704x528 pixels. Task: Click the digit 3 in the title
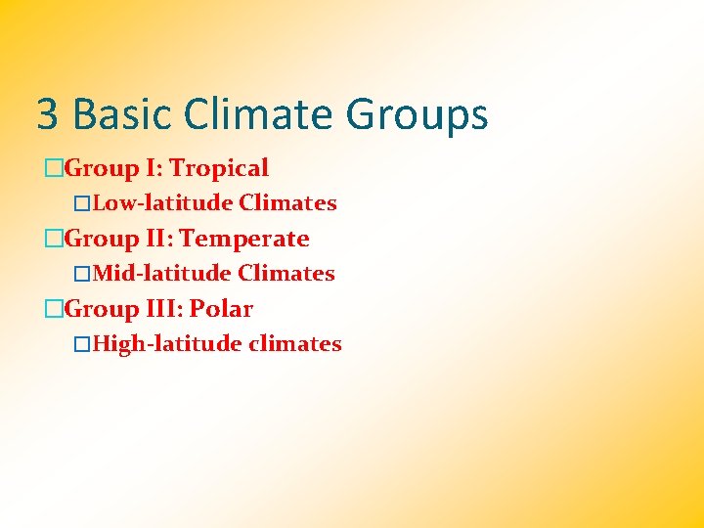pos(47,114)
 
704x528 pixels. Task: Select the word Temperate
pos(244,240)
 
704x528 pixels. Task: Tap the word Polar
pos(221,310)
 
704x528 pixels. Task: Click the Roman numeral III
pos(163,310)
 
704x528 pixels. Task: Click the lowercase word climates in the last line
pos(295,344)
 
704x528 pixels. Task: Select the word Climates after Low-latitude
pos(288,203)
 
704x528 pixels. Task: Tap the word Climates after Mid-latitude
pos(286,274)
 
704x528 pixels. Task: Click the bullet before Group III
pos(54,310)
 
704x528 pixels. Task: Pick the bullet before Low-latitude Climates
pos(83,203)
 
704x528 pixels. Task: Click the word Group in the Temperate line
pos(103,240)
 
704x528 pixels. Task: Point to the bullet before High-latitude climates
pos(83,344)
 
